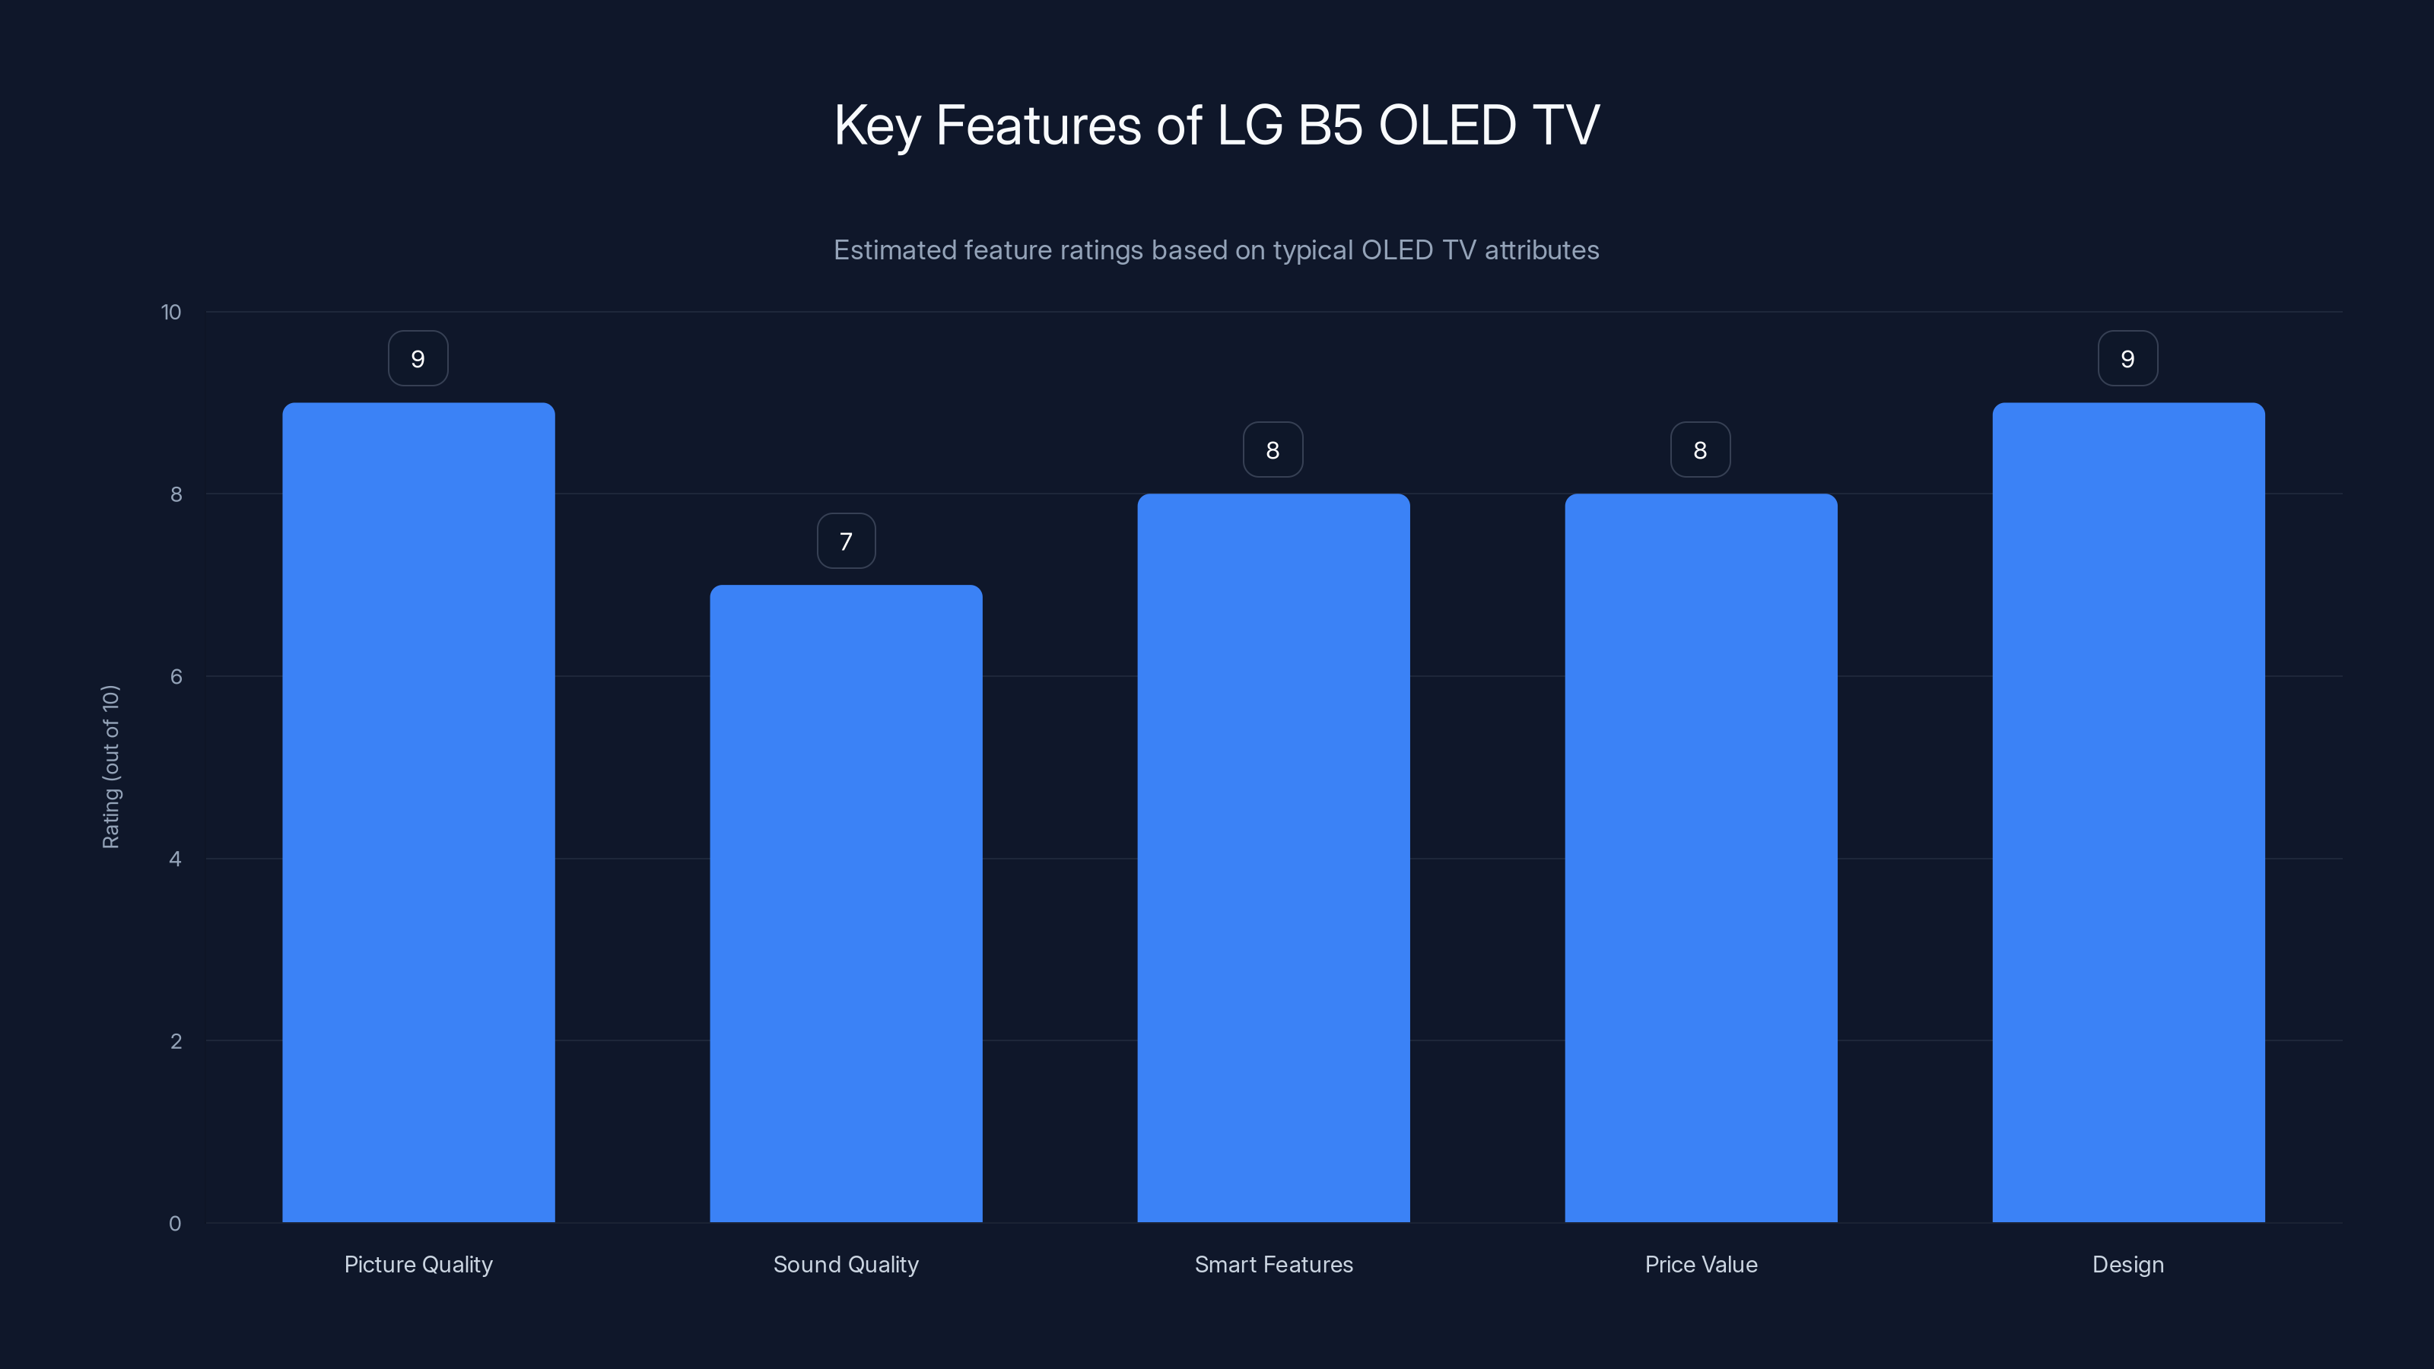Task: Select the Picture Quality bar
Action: click(x=418, y=812)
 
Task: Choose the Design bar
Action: click(x=2128, y=812)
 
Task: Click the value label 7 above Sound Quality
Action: click(x=846, y=542)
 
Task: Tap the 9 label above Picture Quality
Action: click(x=418, y=359)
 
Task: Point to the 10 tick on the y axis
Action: click(x=171, y=312)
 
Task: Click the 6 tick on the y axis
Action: click(x=176, y=676)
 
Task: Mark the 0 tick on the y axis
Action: click(x=175, y=1224)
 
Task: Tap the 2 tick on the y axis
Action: click(x=176, y=1041)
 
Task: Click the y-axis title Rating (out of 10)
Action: click(x=110, y=766)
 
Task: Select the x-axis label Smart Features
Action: click(x=1273, y=1264)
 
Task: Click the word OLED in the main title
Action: click(x=1447, y=125)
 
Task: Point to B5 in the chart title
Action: click(x=1330, y=125)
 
